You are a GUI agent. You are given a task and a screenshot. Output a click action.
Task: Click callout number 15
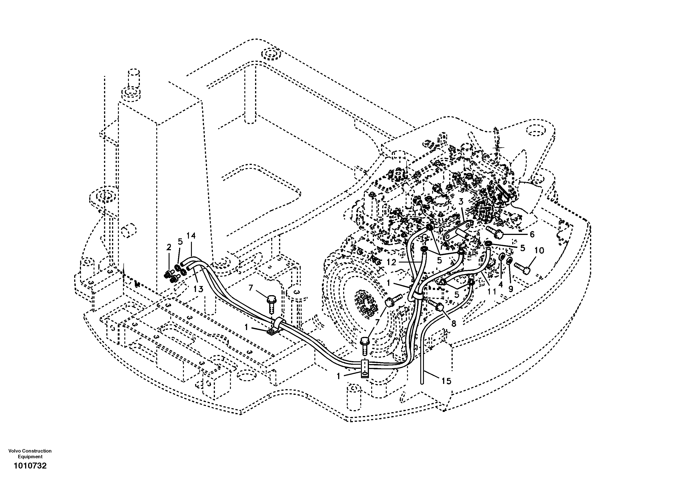coord(446,381)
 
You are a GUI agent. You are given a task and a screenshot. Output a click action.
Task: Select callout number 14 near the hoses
coord(191,236)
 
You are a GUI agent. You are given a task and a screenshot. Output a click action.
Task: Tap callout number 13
coord(198,289)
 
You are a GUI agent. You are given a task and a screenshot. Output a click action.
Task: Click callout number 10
coord(539,251)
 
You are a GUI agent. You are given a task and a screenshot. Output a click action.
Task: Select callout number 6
coord(532,234)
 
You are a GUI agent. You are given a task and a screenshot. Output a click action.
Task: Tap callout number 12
coord(391,262)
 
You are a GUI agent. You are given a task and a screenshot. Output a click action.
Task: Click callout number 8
coord(454,323)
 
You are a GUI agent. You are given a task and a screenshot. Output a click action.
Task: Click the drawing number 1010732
coord(30,466)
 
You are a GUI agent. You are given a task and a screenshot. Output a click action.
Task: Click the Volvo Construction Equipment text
coord(30,454)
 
